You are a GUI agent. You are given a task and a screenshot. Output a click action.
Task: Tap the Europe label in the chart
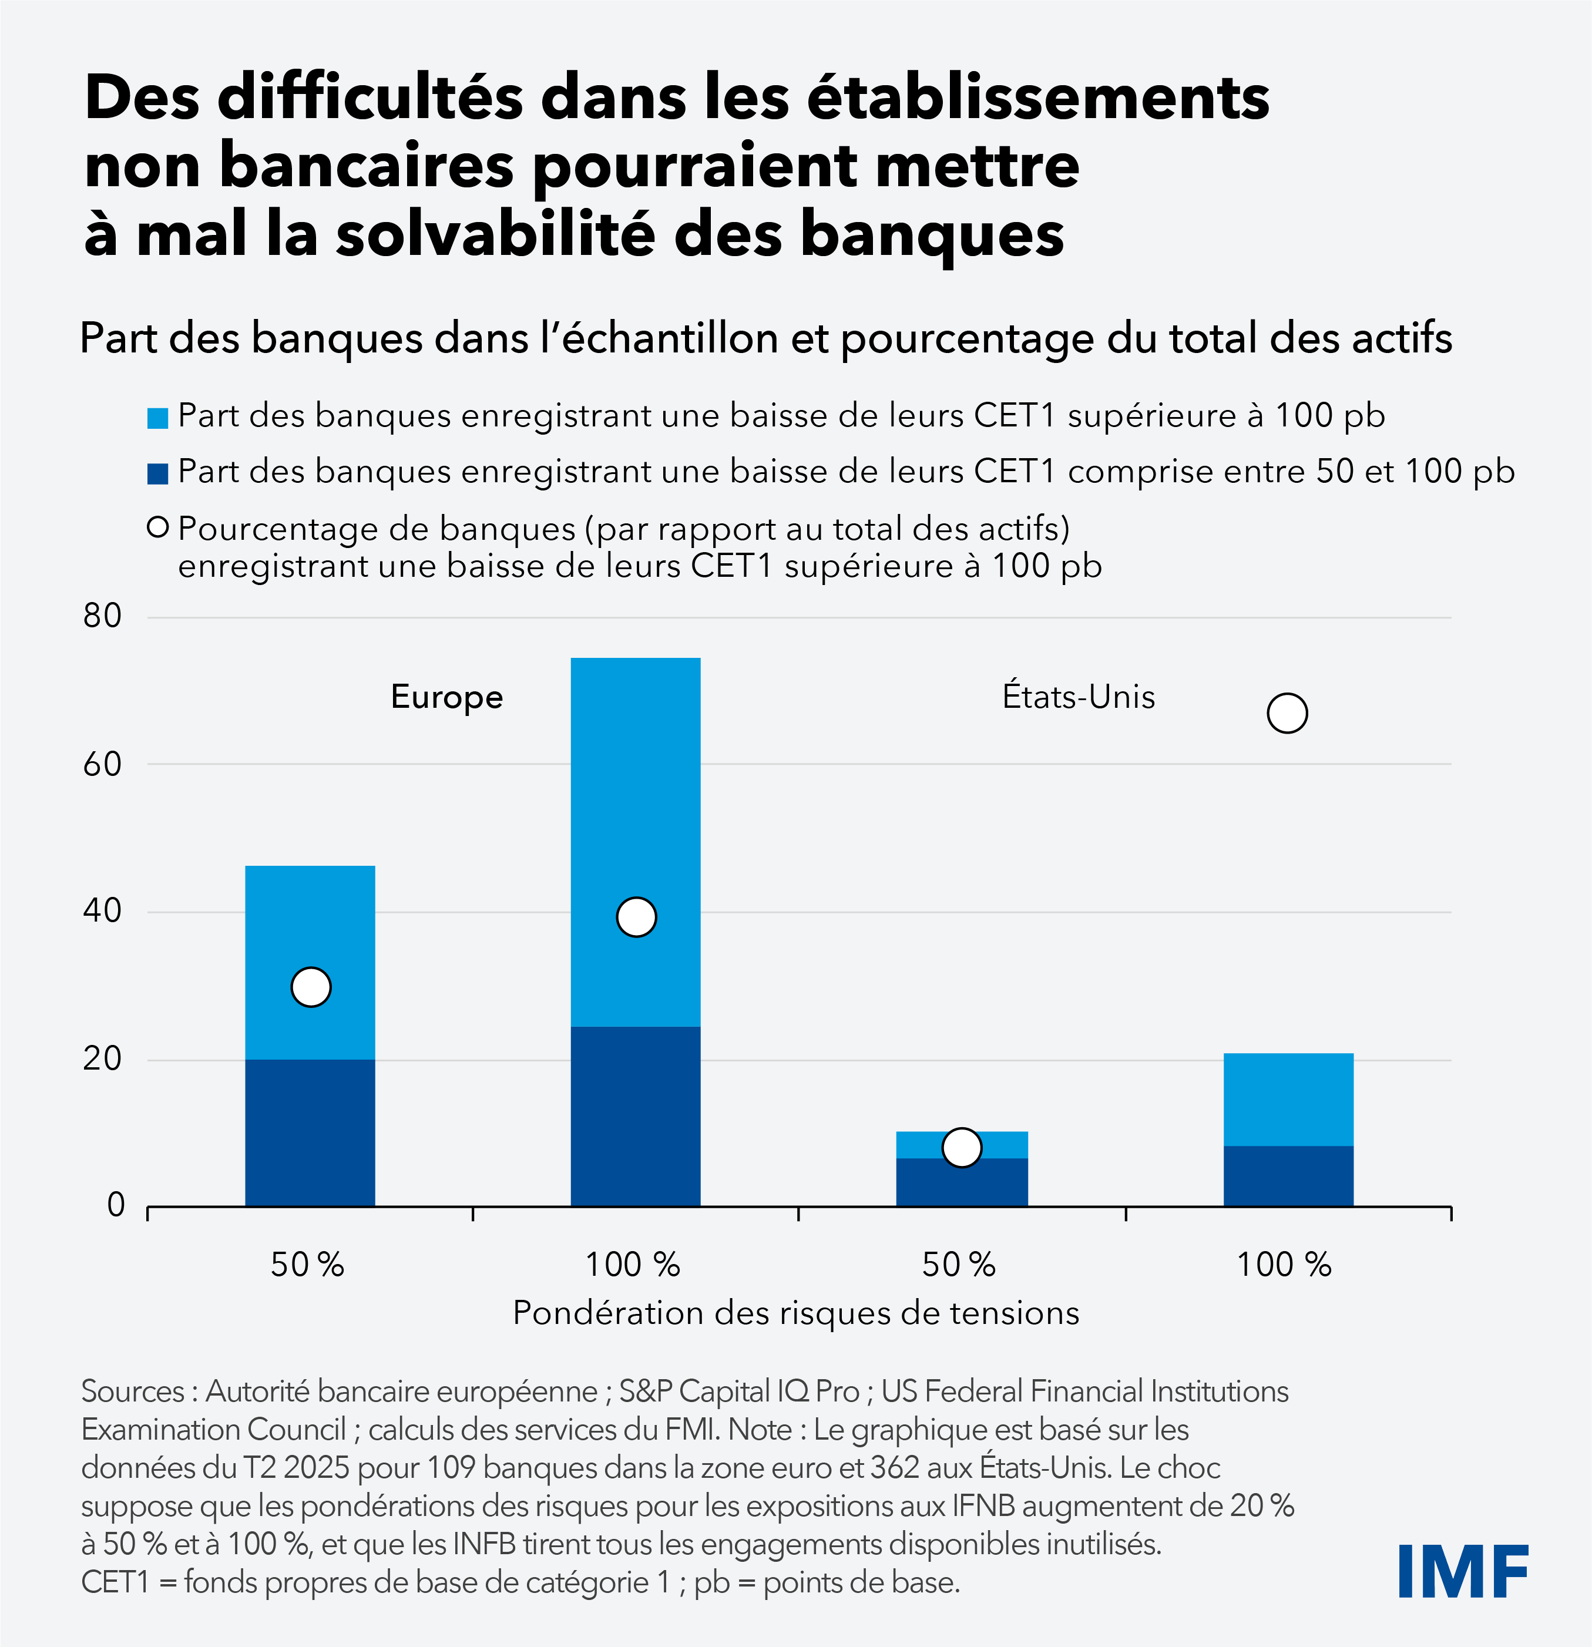(446, 697)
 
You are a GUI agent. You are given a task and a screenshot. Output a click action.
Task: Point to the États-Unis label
(1079, 697)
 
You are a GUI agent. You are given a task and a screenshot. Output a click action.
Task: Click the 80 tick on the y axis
(103, 616)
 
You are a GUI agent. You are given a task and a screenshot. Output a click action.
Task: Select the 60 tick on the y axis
(103, 764)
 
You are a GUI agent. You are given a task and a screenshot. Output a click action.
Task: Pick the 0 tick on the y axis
(115, 1205)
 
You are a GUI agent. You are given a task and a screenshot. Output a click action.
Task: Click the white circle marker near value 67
(1287, 714)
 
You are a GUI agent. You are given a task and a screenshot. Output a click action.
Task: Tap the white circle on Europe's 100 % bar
(636, 917)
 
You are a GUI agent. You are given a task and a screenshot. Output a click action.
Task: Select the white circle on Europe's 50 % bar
(310, 987)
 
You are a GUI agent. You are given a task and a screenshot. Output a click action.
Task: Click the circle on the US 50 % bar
(962, 1147)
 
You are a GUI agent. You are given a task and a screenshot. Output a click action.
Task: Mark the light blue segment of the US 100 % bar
(1288, 1099)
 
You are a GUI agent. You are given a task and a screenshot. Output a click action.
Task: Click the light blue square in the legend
(157, 418)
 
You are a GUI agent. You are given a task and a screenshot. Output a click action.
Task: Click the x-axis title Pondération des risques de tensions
(795, 1313)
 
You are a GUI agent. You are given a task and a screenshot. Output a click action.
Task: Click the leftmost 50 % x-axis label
(308, 1264)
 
